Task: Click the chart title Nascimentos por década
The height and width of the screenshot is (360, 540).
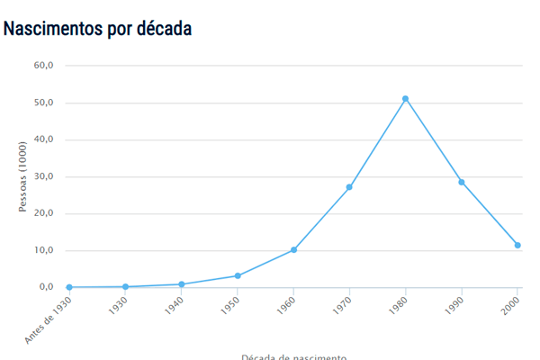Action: [97, 29]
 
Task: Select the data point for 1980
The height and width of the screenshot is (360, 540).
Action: [406, 99]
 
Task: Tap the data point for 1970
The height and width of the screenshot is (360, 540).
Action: [349, 187]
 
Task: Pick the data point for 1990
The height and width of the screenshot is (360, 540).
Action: [462, 183]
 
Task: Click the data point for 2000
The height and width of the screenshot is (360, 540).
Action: [517, 246]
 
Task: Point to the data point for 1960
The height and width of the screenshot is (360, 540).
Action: [293, 250]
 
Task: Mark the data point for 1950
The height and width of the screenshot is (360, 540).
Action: [238, 276]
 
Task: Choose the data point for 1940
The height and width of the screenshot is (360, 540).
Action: [182, 284]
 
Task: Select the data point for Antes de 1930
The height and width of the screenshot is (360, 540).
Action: [69, 287]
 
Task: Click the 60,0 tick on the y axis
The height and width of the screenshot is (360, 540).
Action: [44, 66]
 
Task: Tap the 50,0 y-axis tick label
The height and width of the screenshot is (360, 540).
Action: [44, 103]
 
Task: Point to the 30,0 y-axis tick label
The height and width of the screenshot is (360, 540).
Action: [44, 176]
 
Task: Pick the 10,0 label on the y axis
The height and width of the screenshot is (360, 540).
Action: [44, 250]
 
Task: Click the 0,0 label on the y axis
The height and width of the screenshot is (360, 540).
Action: [46, 287]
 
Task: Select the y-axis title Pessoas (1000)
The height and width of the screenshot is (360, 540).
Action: [23, 176]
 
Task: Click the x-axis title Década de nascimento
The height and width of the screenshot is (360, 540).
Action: [293, 356]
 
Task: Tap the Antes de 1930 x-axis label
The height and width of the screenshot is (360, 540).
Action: [49, 320]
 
